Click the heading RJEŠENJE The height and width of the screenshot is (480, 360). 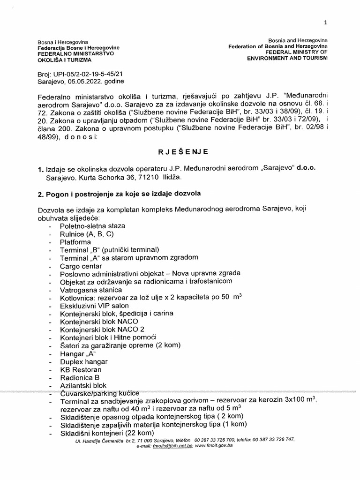180,152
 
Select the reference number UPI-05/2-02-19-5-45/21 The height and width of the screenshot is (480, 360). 88,75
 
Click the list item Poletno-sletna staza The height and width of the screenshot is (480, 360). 92,225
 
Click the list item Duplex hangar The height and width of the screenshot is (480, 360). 84,361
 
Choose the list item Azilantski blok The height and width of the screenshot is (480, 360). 83,385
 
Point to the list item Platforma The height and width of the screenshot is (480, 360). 75,241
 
